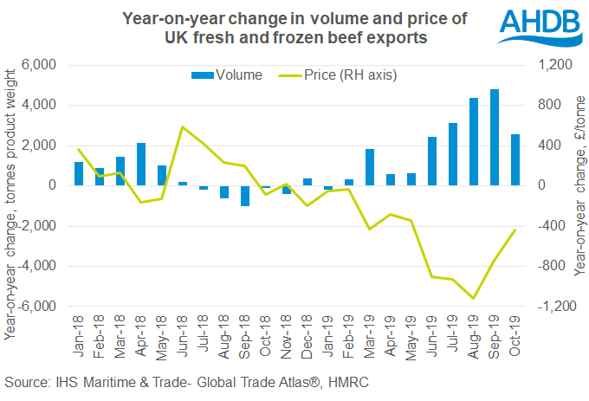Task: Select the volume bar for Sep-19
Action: (495, 137)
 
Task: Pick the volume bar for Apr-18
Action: (141, 164)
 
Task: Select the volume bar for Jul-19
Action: (453, 154)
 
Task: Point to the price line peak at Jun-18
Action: (183, 126)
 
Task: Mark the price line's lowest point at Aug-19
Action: (474, 299)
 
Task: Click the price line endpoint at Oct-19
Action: (515, 230)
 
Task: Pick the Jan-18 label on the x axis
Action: (79, 333)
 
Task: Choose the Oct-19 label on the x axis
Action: (515, 333)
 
